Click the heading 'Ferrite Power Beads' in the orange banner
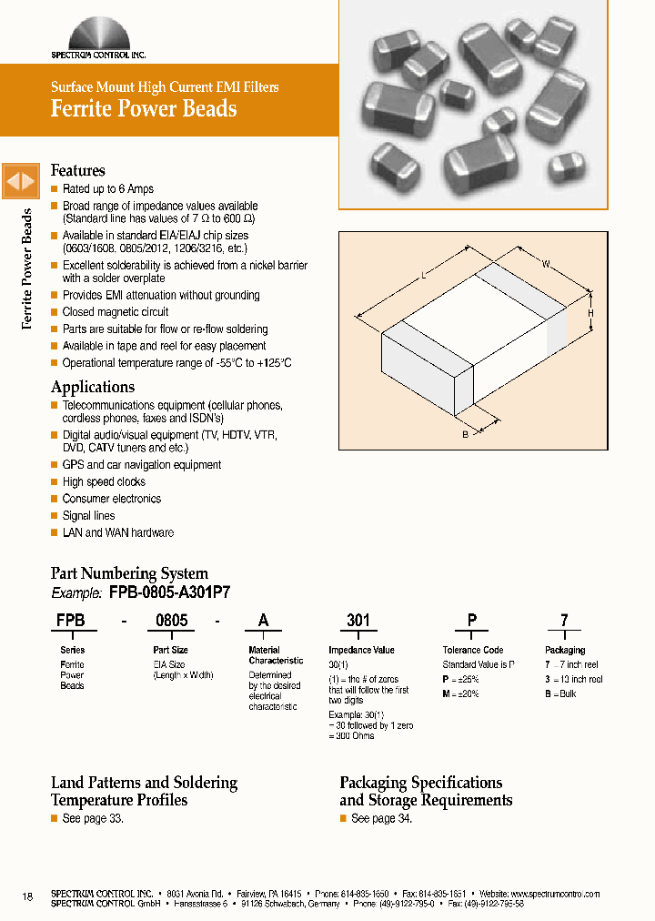click(x=144, y=109)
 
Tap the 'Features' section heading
click(x=78, y=171)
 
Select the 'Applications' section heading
click(x=93, y=387)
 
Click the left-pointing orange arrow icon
click(x=14, y=181)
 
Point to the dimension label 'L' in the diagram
click(x=423, y=274)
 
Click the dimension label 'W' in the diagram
click(x=546, y=265)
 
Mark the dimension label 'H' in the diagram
click(x=590, y=313)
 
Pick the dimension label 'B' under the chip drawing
click(x=465, y=435)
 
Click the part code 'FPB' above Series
click(x=71, y=621)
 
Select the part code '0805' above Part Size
click(x=172, y=621)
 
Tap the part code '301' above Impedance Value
click(x=358, y=621)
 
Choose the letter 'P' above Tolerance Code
click(x=472, y=621)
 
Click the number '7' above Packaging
click(x=564, y=621)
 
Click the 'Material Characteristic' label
click(x=276, y=655)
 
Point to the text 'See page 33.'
click(x=93, y=819)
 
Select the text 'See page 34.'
click(x=381, y=819)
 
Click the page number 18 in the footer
click(x=27, y=897)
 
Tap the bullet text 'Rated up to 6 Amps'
click(x=108, y=189)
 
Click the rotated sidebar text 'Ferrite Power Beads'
click(x=27, y=269)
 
